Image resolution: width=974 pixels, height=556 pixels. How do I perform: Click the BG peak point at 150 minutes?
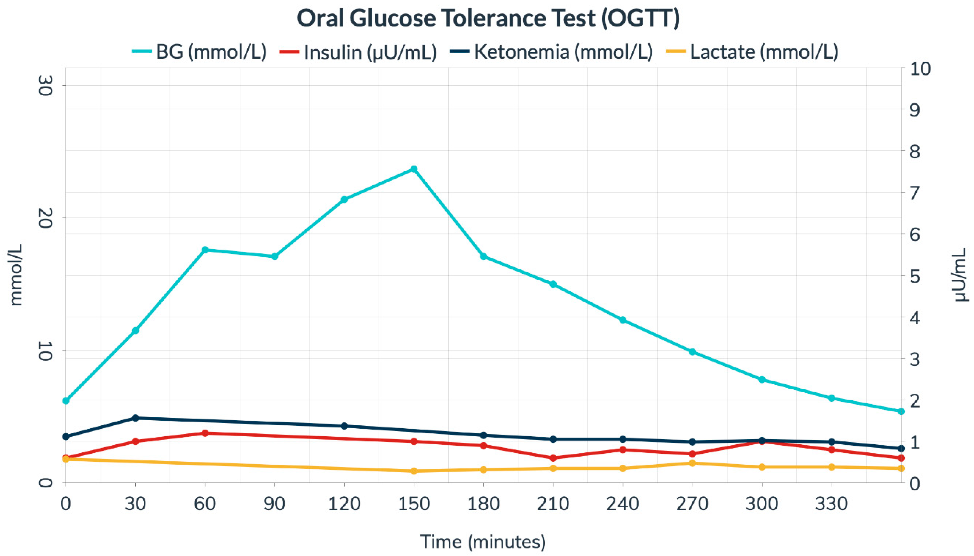[414, 169]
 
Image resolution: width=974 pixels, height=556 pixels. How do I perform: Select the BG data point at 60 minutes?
[205, 250]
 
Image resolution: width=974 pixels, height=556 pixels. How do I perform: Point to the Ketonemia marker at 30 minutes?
[135, 418]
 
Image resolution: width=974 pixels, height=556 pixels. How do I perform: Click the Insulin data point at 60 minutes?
[205, 433]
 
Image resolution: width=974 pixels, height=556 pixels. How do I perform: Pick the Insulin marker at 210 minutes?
[553, 458]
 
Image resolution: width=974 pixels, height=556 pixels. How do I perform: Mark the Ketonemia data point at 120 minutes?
[344, 426]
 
